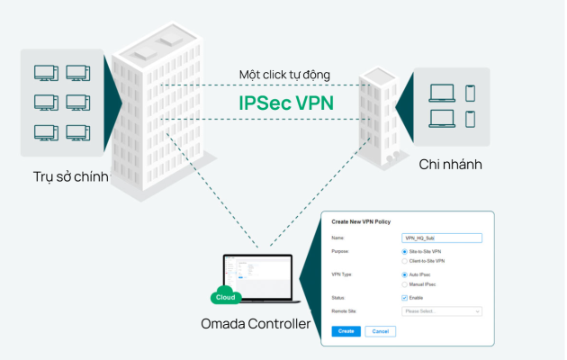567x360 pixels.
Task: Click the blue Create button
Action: coord(346,331)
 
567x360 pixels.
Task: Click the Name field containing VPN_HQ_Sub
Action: coord(441,238)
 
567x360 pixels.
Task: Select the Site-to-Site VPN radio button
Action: coord(404,252)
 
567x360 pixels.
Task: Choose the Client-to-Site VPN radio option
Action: coord(404,260)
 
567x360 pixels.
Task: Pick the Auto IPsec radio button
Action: coord(404,274)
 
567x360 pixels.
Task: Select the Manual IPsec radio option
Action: coord(404,283)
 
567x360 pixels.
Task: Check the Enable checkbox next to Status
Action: coord(404,296)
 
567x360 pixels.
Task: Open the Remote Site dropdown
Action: coord(441,311)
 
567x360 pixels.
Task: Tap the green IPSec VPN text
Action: coord(286,102)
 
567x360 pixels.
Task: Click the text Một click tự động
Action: coord(285,74)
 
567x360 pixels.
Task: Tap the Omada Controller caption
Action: coord(256,323)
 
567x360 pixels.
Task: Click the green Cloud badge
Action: coord(225,298)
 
